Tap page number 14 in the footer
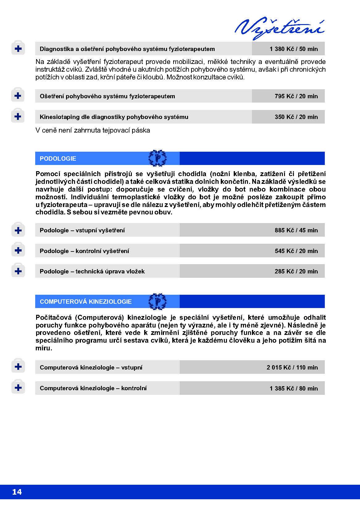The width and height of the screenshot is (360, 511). point(17,492)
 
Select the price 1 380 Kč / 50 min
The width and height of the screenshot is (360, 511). point(293,49)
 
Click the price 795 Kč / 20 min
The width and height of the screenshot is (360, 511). point(296,96)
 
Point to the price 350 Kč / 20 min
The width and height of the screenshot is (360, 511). point(296,117)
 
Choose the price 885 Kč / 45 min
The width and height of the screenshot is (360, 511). point(296,230)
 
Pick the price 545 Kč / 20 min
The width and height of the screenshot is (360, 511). point(296,251)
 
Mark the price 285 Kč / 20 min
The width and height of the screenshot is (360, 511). point(296,271)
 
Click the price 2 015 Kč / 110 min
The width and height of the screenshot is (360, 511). point(292,367)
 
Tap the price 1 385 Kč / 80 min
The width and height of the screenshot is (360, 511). point(293,388)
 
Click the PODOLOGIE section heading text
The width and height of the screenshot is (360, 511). point(58,158)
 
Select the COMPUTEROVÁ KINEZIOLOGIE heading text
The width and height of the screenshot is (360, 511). point(86,302)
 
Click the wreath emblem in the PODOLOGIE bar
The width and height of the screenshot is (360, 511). point(157,158)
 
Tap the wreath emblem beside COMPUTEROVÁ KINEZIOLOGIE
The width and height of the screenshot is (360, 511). point(157,301)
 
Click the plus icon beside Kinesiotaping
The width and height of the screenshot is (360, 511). point(18,116)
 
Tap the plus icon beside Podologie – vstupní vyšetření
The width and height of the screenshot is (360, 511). point(18,230)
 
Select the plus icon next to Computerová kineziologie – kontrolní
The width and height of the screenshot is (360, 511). point(18,388)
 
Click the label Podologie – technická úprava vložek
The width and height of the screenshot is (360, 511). point(92,271)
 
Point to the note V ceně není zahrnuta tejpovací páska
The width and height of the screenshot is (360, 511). point(93,130)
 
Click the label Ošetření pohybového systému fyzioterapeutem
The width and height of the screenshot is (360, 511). point(107,96)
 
